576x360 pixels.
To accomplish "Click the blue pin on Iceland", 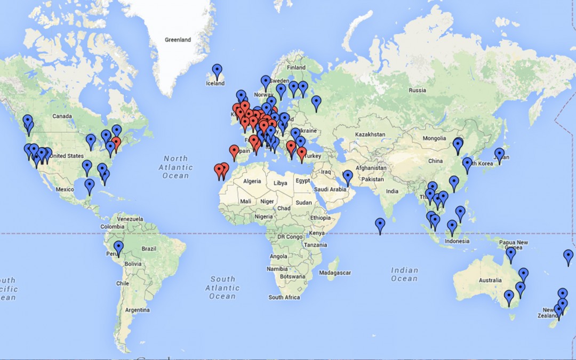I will [217, 70].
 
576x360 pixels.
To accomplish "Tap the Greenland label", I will [178, 40].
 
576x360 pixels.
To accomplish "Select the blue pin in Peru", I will [118, 247].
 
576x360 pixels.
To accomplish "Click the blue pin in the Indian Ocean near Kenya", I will [380, 225].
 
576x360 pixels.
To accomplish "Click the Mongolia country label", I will [434, 139].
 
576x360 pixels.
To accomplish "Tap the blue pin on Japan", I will [499, 154].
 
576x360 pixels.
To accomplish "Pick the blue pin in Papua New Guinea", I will [511, 254].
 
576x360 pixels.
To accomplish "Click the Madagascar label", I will [335, 273].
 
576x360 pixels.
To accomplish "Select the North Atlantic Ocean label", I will [175, 167].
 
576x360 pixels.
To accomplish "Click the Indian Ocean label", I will [404, 274].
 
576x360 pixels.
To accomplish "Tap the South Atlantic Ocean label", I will [222, 287].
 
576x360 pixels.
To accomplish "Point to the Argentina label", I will [137, 310].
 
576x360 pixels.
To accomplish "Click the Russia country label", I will [417, 91].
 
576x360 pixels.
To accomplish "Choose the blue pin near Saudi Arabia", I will [348, 177].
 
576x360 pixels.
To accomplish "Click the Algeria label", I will [252, 181].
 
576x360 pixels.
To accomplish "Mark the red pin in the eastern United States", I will [115, 143].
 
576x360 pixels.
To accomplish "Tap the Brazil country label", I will [149, 249].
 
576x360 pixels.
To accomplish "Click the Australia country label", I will [490, 281].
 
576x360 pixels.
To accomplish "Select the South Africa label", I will [284, 298].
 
